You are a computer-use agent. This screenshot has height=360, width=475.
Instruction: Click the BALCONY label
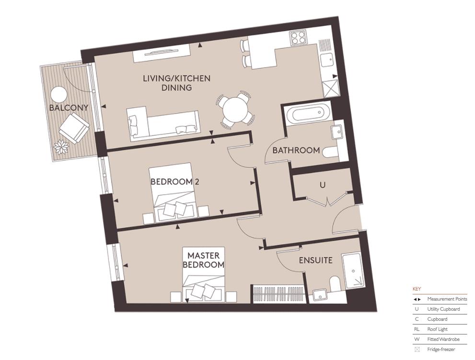[69, 108]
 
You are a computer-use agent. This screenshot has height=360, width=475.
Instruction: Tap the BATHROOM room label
[296, 150]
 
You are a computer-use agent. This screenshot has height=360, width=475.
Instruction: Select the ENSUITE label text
[315, 260]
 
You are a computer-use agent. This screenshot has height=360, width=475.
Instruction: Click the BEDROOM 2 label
[174, 182]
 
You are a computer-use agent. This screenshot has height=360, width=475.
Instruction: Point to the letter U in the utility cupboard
[323, 184]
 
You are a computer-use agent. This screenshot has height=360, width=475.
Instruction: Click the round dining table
[234, 111]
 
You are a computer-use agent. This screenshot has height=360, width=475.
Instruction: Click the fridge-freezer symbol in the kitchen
[330, 88]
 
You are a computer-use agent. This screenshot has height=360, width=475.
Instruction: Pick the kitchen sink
[328, 59]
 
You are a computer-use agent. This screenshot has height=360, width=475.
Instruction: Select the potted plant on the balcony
[61, 147]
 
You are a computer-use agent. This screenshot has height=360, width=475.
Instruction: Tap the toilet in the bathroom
[330, 153]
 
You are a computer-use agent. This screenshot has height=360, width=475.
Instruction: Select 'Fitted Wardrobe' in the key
[443, 339]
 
